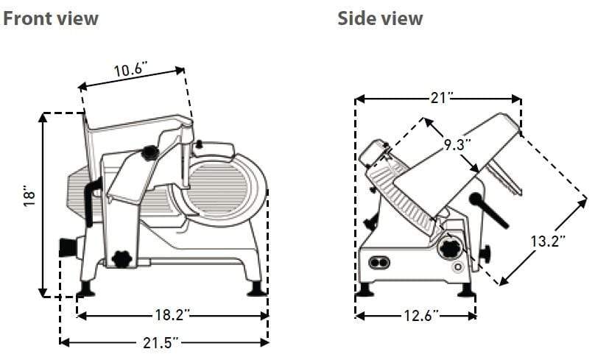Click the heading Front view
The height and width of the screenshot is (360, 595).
[51, 18]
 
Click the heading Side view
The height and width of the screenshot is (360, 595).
[380, 18]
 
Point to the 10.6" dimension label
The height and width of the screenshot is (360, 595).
[130, 71]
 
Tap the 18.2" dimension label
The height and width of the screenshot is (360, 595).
[172, 316]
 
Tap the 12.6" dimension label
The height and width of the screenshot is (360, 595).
[417, 316]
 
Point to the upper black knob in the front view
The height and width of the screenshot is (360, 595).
[150, 153]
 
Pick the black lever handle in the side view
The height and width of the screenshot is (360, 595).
[488, 211]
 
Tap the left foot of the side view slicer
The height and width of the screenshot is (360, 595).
[364, 289]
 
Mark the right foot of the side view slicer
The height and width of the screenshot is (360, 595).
[465, 289]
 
